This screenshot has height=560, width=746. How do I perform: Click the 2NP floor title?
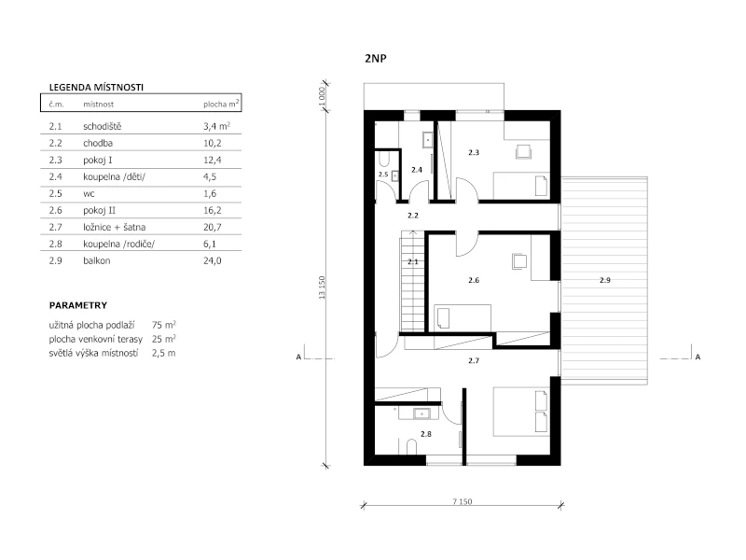tap(376, 59)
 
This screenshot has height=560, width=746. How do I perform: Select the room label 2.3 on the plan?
tap(474, 152)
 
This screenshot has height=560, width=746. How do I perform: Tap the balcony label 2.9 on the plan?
tap(604, 280)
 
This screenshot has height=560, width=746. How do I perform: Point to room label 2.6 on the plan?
tap(474, 280)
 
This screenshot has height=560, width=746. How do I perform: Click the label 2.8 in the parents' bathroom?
tap(426, 434)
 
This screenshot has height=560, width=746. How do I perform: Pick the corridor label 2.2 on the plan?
tap(413, 216)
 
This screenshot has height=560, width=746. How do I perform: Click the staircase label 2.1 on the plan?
tap(413, 261)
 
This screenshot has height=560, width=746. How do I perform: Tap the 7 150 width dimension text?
tap(462, 501)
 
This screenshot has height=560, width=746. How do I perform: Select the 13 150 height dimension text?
tap(322, 287)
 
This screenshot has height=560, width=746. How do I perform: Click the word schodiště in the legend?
tap(103, 126)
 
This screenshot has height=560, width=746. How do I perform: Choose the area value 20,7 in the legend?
tap(213, 227)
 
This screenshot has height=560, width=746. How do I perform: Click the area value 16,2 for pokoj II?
tap(213, 210)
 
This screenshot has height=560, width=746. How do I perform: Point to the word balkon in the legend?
tap(97, 260)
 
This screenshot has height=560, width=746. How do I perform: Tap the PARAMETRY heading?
tap(78, 305)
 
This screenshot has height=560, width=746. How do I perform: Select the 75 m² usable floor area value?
tap(164, 325)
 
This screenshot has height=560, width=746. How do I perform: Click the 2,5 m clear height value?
tap(164, 353)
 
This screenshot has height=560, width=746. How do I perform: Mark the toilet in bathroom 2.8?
tap(411, 447)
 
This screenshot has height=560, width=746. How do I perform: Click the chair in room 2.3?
tap(524, 151)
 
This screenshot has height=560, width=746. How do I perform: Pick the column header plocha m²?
tap(221, 104)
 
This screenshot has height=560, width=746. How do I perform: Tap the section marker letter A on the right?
tap(698, 357)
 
